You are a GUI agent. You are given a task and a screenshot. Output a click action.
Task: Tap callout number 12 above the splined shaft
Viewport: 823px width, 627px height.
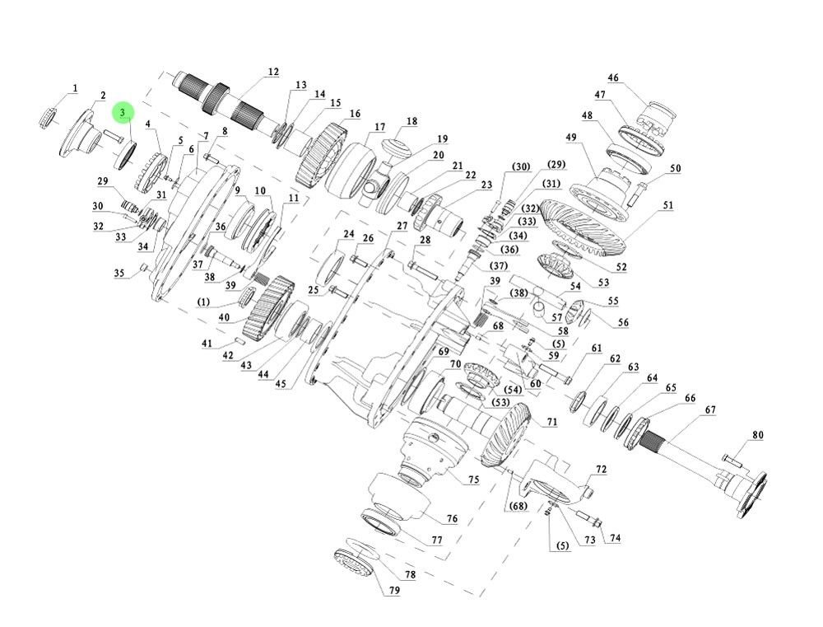(273, 73)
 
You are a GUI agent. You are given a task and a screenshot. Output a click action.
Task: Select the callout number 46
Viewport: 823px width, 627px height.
(613, 78)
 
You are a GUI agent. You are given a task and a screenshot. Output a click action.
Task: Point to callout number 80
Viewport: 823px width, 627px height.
(757, 435)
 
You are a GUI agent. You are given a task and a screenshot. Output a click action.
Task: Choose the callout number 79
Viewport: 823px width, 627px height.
(394, 591)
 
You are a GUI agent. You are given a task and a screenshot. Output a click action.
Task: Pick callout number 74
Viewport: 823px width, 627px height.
(615, 538)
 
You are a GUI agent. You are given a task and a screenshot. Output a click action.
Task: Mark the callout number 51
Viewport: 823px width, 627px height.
(667, 205)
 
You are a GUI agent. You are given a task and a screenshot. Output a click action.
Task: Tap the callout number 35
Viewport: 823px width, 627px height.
(119, 274)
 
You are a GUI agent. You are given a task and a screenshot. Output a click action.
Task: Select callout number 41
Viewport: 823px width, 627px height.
(207, 343)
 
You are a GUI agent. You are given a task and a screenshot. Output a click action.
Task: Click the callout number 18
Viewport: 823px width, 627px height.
(411, 122)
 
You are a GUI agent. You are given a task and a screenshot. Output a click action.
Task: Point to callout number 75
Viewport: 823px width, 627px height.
(473, 480)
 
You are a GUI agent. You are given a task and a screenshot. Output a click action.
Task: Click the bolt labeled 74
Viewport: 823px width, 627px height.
(590, 520)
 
